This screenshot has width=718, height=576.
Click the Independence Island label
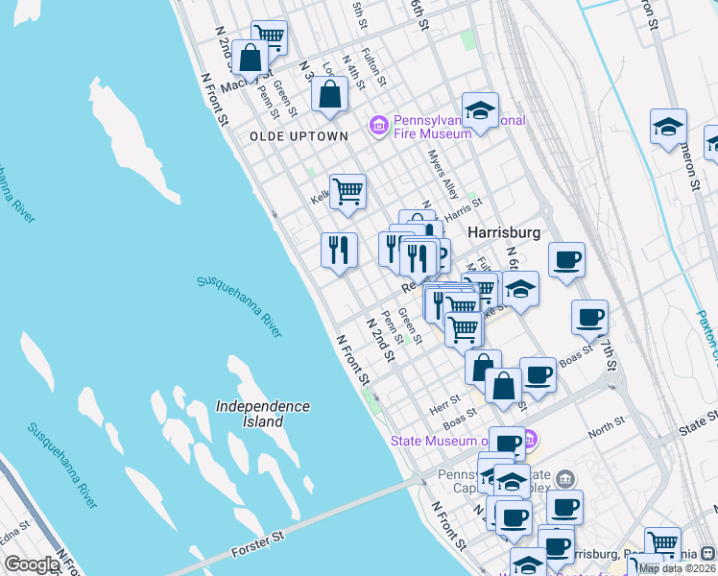[262, 414]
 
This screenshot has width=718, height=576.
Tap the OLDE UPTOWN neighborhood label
[299, 137]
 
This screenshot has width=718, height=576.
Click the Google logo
[31, 564]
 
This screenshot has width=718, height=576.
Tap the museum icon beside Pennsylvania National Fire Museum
[379, 126]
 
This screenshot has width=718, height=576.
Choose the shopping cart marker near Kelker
[347, 190]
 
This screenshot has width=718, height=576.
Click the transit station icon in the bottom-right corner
[707, 553]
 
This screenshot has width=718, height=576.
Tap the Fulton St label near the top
[373, 67]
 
